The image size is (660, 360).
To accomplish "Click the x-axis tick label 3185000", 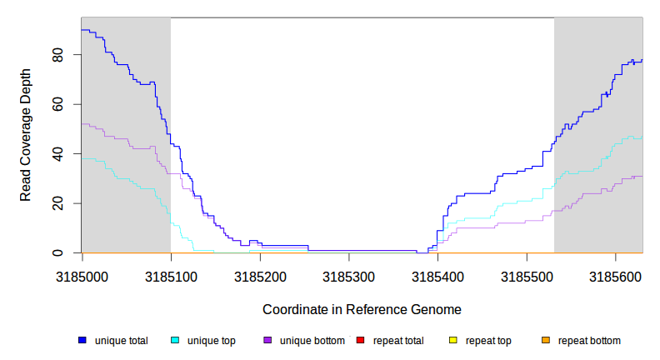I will tap(82, 274).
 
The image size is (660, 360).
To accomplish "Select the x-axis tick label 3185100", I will tap(171, 274).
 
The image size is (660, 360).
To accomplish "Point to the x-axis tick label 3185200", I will tap(259, 274).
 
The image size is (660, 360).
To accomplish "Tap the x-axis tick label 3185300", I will tap(348, 274).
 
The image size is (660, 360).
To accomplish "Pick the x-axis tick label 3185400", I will tap(437, 274).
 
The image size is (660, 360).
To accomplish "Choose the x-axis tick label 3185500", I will tap(526, 274).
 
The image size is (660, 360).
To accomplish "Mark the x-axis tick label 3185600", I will tap(615, 274).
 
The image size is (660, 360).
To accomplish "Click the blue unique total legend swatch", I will tap(82, 340).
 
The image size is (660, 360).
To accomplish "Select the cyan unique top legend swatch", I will tap(175, 340).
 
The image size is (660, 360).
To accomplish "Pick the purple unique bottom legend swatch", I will tap(267, 340).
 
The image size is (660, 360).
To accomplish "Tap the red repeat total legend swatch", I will tap(360, 340).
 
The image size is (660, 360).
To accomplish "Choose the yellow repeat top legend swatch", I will tap(453, 340).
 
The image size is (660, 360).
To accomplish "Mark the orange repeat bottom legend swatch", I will tap(546, 340).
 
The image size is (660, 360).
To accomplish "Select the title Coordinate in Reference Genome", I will tap(362, 309).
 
